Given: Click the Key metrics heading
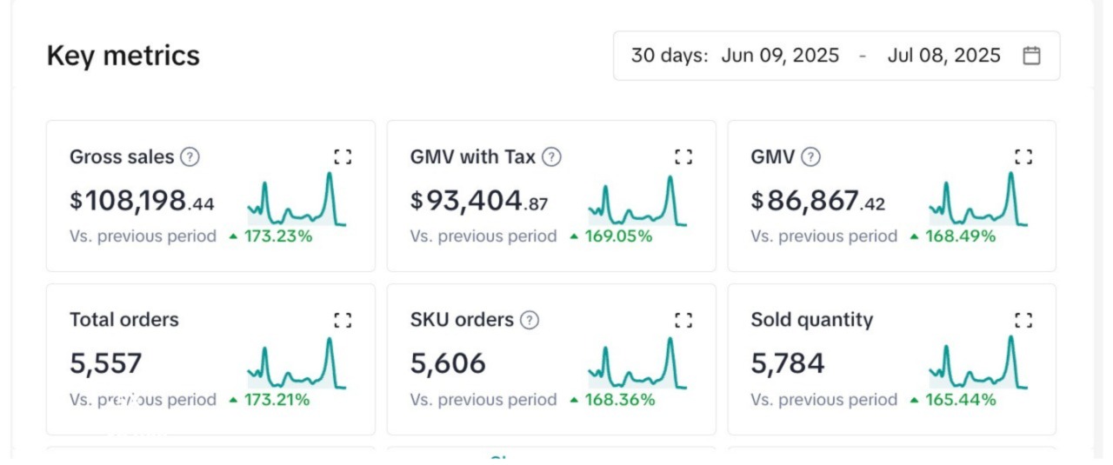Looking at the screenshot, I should click(x=123, y=56).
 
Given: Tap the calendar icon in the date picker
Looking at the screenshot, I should click(x=1031, y=56).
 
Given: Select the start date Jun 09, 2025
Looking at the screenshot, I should click(x=780, y=56).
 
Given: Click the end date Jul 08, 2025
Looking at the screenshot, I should click(x=943, y=56).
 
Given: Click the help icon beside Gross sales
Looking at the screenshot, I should click(x=190, y=157).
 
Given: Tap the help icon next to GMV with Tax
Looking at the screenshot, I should click(x=551, y=157).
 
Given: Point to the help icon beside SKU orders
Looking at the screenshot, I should click(x=529, y=320).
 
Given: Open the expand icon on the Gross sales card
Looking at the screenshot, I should click(x=343, y=156).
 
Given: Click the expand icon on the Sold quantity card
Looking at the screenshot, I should click(x=1023, y=320).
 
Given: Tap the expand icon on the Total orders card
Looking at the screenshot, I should click(x=343, y=320).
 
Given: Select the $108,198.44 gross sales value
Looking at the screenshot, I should click(x=142, y=201).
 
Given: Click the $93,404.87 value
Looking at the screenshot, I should click(x=479, y=201).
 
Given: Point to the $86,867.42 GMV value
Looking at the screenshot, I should click(x=818, y=201).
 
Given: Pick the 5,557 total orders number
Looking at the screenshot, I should click(x=106, y=363).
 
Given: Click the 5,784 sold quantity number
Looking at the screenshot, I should click(x=788, y=363).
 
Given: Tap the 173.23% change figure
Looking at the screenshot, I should click(x=277, y=236).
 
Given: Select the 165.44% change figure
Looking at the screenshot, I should click(x=960, y=400).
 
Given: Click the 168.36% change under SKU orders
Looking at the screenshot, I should click(x=619, y=400).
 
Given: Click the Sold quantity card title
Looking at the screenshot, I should click(x=812, y=320).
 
